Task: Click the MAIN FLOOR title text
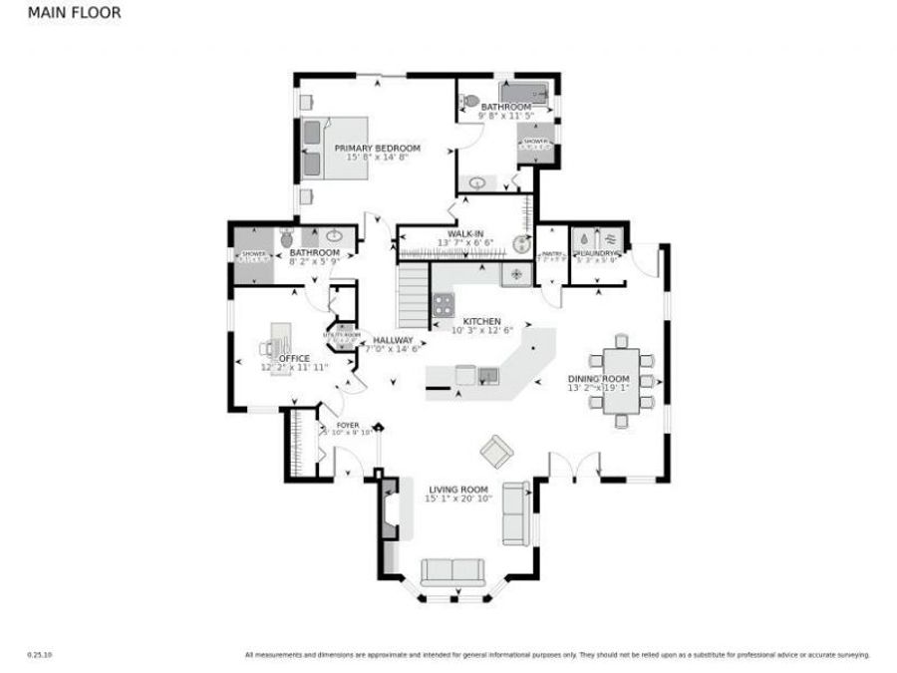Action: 75,13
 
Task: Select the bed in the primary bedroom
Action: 333,149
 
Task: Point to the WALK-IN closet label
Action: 465,233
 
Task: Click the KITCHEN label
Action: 481,321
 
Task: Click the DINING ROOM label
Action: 598,379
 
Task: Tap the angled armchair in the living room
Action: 495,453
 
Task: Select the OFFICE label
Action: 294,358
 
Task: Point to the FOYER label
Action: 347,425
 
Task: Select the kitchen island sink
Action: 487,375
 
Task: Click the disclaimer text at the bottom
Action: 557,655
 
